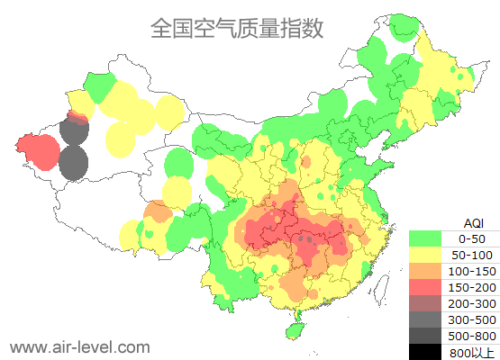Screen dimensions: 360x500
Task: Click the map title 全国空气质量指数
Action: click(237, 28)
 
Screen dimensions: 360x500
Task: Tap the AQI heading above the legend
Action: click(472, 222)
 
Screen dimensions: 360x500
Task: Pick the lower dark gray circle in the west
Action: click(73, 164)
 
